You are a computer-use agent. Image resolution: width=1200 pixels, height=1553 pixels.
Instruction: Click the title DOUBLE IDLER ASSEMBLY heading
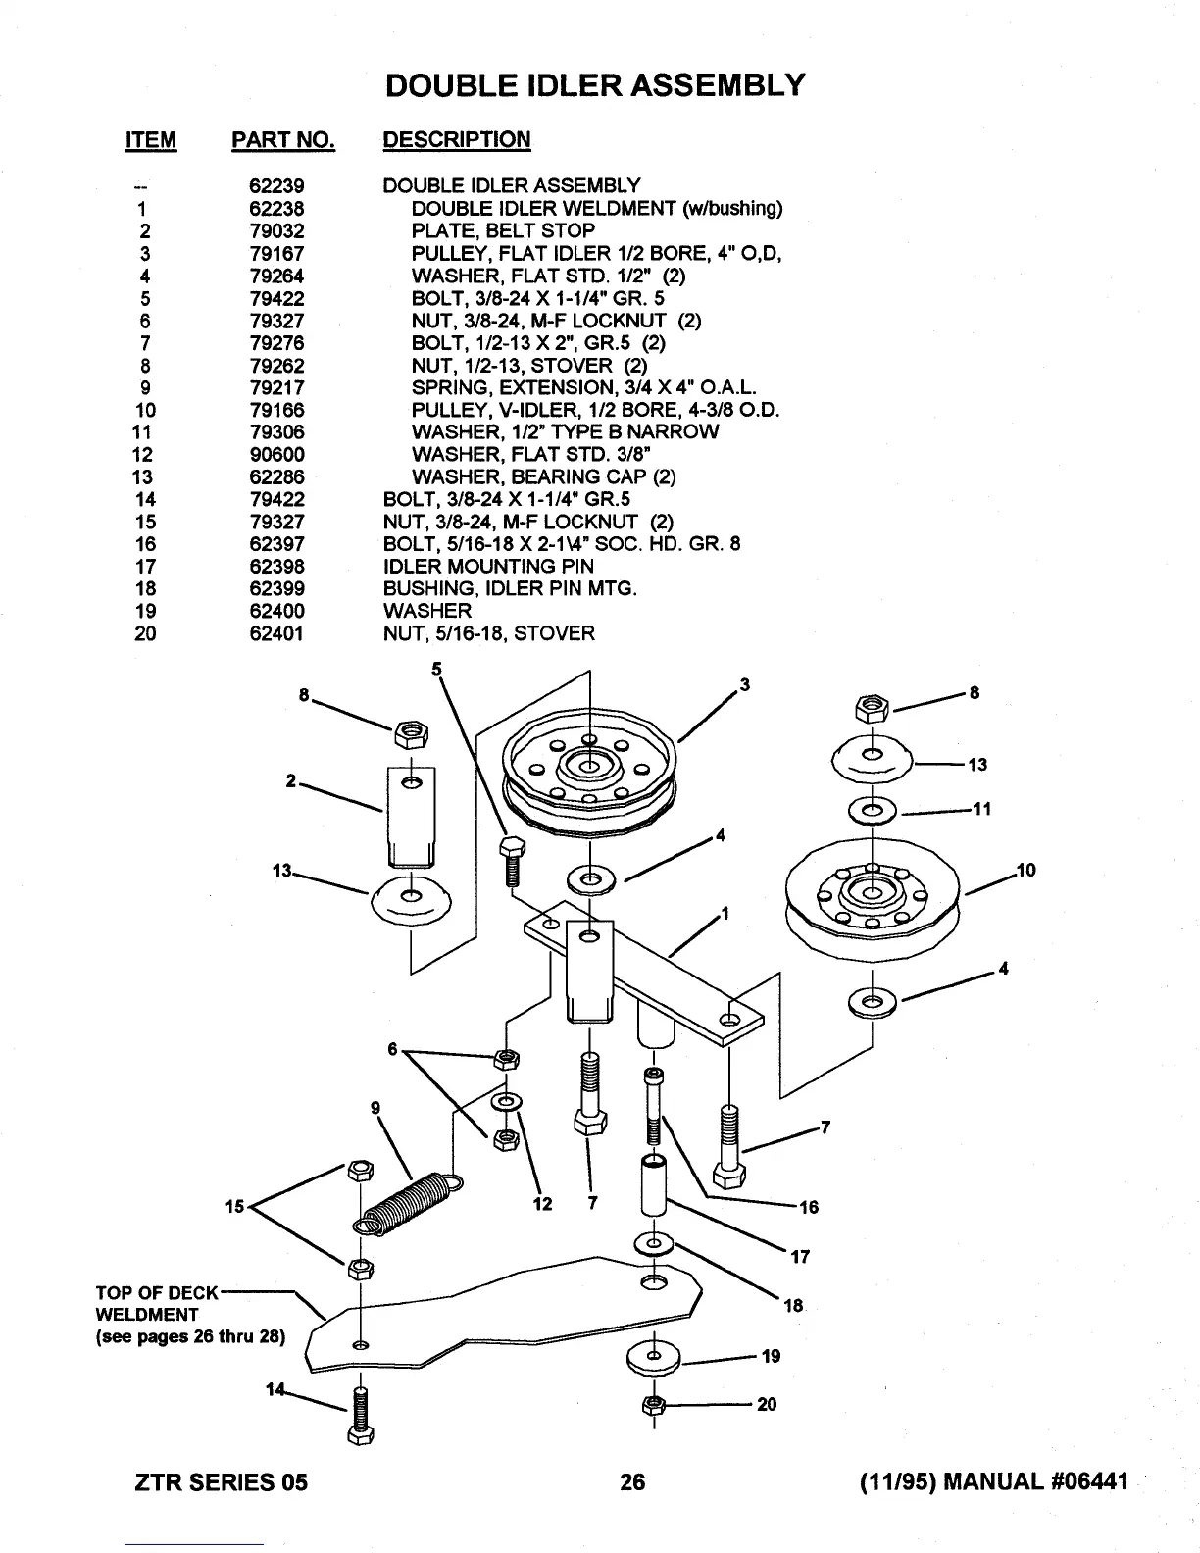point(596,85)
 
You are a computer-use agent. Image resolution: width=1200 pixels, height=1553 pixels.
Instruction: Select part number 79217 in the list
point(276,387)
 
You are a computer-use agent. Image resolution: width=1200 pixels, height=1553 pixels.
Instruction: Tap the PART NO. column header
point(283,140)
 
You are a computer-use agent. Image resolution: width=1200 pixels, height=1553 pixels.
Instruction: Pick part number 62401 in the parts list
point(276,633)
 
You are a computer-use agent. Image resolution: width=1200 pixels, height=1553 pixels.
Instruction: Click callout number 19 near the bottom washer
point(771,1356)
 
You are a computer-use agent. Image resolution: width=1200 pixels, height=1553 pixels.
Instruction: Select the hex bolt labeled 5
point(510,860)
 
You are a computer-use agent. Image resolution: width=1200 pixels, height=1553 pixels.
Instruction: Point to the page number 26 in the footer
point(633,1481)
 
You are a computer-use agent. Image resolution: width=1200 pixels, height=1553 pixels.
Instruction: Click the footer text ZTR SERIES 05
point(220,1481)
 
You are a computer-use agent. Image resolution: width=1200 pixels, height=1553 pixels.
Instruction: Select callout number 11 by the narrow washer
point(982,809)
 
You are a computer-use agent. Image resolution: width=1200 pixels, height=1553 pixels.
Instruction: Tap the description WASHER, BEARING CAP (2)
point(543,477)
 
